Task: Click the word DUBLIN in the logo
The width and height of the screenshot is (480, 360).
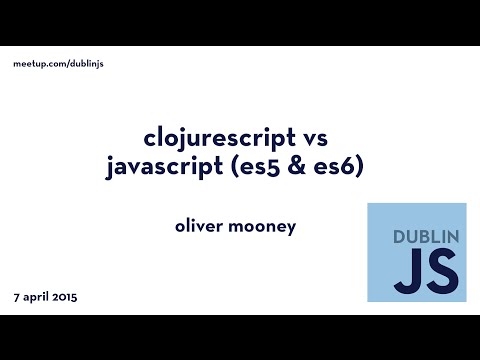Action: [x=416, y=239]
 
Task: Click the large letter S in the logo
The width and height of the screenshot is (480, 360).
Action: [x=436, y=272]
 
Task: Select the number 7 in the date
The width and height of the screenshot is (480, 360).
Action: [x=17, y=298]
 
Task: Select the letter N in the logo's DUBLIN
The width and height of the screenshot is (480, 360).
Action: [x=451, y=239]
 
